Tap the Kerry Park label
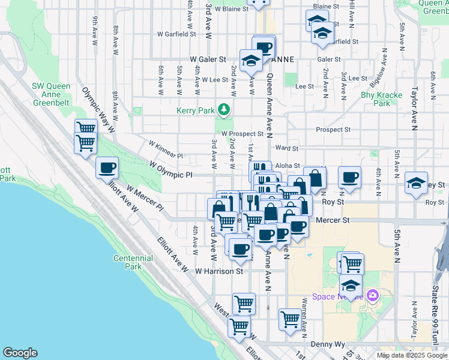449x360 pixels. (194, 111)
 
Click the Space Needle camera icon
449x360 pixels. (373, 295)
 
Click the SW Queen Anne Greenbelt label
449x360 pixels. (52, 91)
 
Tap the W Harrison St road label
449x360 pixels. (219, 271)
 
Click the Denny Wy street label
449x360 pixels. (329, 344)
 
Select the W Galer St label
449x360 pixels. (207, 60)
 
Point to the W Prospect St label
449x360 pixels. (242, 134)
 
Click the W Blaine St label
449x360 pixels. (227, 9)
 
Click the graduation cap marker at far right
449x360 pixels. (416, 183)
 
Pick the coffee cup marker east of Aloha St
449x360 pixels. (349, 178)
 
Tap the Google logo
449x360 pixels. (20, 353)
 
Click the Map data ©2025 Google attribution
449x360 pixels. (412, 355)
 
